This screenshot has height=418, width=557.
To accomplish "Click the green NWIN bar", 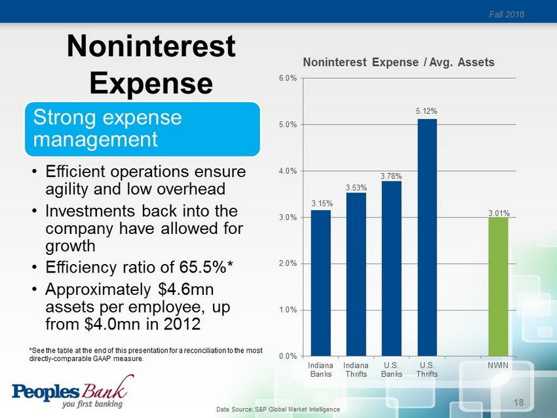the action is (498, 286).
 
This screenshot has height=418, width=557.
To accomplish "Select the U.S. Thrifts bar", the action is (427, 238).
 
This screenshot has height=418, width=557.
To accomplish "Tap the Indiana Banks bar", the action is (321, 283).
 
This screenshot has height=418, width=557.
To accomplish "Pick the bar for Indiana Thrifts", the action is (356, 274).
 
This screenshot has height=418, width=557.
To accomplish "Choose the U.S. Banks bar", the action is (391, 269).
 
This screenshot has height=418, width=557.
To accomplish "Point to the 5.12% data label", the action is (427, 111).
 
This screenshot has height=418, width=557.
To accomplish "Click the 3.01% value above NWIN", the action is (499, 213).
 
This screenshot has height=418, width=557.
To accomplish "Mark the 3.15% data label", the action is (322, 204).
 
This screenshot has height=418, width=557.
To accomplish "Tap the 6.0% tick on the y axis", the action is (288, 78).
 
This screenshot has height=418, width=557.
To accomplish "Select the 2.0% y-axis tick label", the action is (288, 263).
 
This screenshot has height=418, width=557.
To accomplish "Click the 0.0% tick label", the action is (288, 356).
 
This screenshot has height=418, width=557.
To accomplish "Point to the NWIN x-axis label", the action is (498, 366).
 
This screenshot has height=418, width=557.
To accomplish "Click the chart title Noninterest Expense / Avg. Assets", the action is (398, 62).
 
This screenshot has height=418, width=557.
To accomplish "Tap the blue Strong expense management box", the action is (142, 129).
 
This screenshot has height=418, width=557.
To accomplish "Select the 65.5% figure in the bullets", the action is (202, 267).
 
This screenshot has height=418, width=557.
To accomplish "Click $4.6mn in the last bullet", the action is (186, 289).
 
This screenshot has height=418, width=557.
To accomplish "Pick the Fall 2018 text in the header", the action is (507, 14).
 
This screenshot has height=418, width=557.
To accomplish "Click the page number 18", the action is (518, 402).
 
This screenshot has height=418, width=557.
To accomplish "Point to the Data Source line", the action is (278, 409).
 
